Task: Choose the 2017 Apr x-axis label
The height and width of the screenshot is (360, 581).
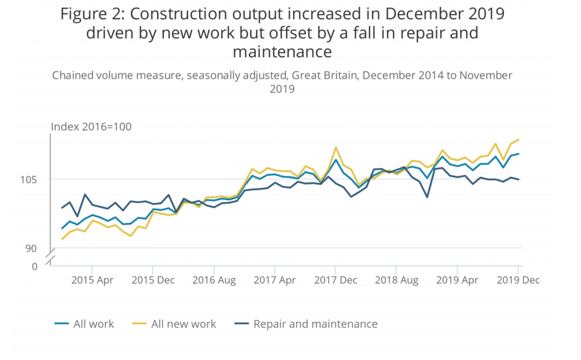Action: [274, 279]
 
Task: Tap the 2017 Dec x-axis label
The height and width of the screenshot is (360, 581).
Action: [335, 279]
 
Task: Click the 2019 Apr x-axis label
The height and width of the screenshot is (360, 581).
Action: [457, 279]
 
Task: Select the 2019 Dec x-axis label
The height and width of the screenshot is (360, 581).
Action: [518, 279]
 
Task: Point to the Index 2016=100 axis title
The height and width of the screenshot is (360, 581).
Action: [91, 126]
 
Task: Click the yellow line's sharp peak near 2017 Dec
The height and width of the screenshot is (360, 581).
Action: [336, 147]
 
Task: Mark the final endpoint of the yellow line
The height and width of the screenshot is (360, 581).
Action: [519, 139]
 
